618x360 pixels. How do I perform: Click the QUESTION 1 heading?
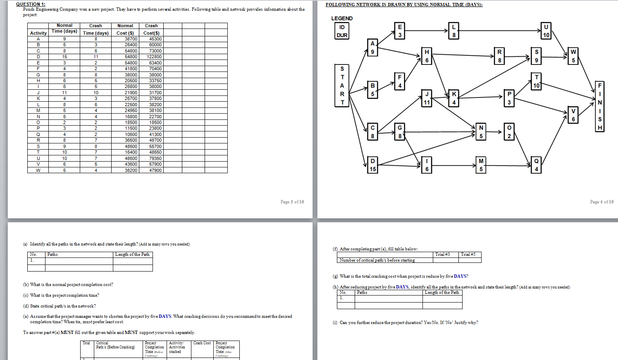[31, 4]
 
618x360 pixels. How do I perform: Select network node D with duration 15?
[372, 165]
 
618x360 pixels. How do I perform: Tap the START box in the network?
[342, 85]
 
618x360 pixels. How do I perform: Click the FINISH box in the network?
[599, 106]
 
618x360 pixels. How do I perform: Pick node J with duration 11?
[427, 98]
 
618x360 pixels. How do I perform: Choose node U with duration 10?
[546, 31]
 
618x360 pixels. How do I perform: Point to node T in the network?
[536, 81]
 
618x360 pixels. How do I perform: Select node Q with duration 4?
[536, 165]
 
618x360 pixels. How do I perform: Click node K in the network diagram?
[454, 98]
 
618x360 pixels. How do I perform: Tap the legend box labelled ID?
[342, 27]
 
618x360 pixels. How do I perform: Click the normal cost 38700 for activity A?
[131, 39]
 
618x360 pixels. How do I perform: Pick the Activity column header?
[38, 33]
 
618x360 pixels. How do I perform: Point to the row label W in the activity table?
[38, 170]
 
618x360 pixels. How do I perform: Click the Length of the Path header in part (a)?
[132, 255]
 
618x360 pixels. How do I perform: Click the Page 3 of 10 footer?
[292, 202]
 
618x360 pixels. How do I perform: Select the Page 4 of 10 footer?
[601, 202]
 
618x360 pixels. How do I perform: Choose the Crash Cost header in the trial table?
[202, 343]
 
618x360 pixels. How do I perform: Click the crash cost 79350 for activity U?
[155, 158]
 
